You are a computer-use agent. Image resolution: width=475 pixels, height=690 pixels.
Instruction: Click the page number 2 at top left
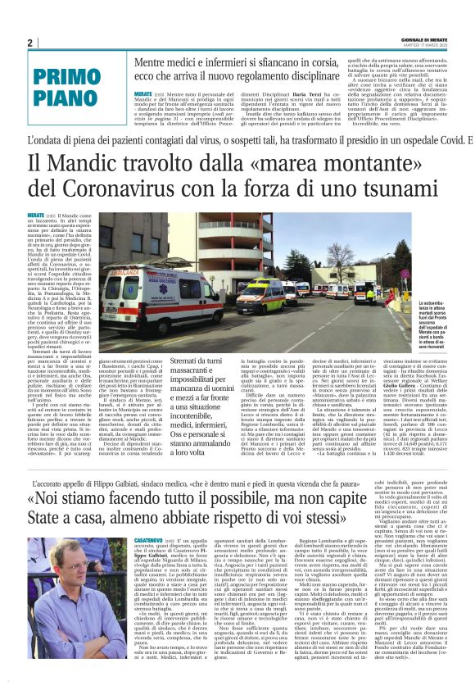(x=29, y=43)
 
